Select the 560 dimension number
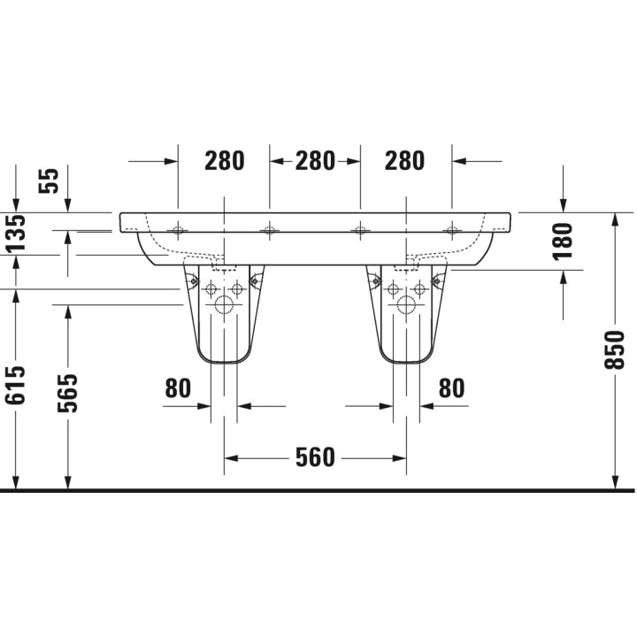[x=316, y=457]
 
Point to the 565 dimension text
[x=67, y=393]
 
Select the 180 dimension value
[x=563, y=240]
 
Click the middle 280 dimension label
[x=315, y=161]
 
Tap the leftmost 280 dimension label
[x=225, y=161]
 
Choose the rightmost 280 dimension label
[x=405, y=161]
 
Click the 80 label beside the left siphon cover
[x=178, y=388]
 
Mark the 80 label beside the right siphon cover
[x=451, y=388]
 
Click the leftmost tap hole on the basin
[x=178, y=232]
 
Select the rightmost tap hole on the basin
[x=451, y=232]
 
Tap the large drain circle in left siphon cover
[x=224, y=307]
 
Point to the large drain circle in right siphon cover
[x=406, y=307]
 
